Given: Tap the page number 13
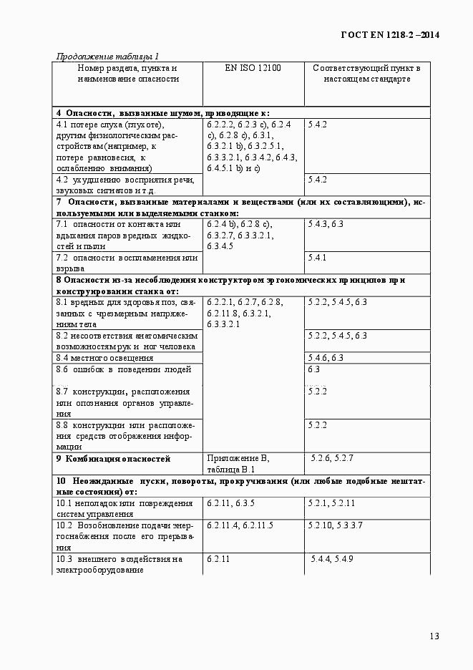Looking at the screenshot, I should pos(434,636).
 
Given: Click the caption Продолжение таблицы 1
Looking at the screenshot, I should pos(107,57).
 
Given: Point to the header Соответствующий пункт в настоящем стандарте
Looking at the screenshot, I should pos(366,73).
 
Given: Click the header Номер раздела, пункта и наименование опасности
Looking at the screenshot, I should pos(128,73).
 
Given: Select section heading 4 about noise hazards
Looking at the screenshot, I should pos(163,113).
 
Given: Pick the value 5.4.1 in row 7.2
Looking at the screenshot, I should pos(317,257).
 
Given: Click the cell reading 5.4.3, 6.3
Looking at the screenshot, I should pos(326,224).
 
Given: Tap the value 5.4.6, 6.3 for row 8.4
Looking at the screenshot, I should pos(326,357).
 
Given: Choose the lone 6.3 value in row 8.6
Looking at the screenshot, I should pos(313,369).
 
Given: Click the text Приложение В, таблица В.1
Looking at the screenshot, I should pos(237,464).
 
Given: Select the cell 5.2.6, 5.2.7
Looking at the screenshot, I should pos(332,458).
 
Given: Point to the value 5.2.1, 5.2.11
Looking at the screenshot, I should pos(331,503).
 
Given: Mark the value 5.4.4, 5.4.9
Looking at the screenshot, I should pos(332,559).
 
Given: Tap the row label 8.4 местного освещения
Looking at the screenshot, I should pos(104,357).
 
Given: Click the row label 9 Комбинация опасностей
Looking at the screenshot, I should pos(114,458).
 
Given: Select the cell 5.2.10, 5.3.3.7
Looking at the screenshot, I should pos(335,525).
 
